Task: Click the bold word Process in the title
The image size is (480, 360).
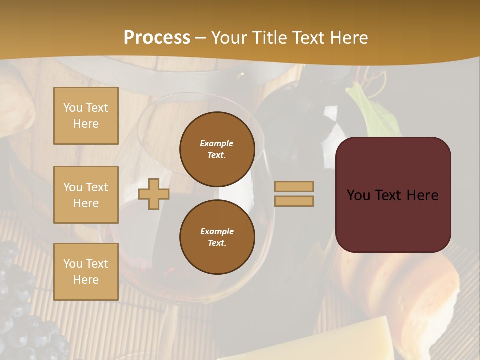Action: click(x=157, y=38)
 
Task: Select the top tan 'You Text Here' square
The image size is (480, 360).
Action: click(x=86, y=116)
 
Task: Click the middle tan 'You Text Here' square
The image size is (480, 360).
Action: click(x=86, y=195)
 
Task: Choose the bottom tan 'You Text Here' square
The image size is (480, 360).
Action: click(x=86, y=272)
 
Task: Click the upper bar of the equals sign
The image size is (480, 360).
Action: click(x=294, y=186)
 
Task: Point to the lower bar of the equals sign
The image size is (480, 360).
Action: click(x=294, y=201)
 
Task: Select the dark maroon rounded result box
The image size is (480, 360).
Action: click(x=393, y=195)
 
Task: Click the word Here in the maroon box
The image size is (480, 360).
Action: click(x=422, y=195)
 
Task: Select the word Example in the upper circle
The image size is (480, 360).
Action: click(x=217, y=143)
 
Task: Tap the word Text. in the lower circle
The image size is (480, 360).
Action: click(x=217, y=243)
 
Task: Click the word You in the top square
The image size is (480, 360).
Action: click(x=73, y=108)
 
